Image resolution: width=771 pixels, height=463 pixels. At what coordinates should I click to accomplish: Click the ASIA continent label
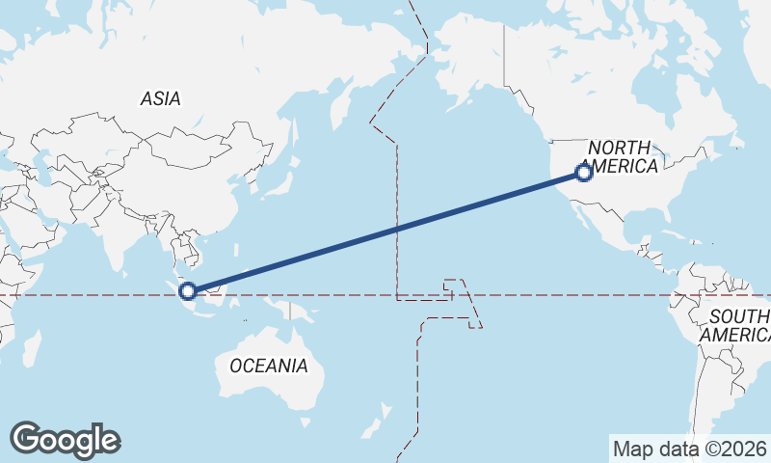160,98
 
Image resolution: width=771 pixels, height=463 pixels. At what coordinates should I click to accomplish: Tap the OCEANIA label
269,367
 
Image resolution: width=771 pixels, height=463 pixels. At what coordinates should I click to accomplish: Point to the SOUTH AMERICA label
737,326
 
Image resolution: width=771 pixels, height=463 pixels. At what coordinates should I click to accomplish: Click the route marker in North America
583,173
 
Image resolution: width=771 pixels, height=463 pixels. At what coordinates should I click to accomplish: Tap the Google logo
65,440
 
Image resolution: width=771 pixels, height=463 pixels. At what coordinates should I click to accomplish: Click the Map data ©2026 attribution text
688,449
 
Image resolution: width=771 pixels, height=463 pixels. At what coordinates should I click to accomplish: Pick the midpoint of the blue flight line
385,231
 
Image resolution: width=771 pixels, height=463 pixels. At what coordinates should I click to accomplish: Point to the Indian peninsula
116,241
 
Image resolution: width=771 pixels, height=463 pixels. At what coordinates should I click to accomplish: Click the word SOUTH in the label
737,316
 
